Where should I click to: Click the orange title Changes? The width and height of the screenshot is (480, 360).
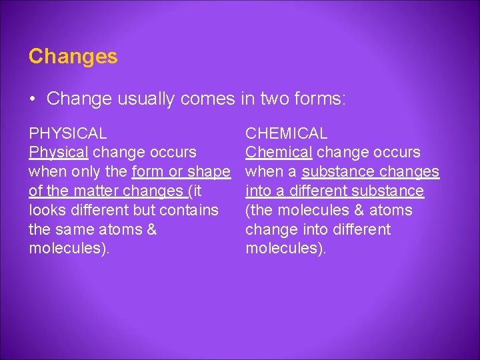tap(73, 57)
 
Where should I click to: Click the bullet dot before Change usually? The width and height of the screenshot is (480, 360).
tap(33, 99)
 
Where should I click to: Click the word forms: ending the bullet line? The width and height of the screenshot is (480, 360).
tap(323, 99)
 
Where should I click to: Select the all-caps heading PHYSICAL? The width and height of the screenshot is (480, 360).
tap(67, 133)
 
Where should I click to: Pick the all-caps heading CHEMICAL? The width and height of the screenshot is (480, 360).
tap(286, 133)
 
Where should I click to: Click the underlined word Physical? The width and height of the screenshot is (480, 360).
tap(58, 153)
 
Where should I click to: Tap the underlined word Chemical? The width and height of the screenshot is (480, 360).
tap(278, 153)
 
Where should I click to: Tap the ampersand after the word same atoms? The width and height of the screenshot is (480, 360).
tap(151, 230)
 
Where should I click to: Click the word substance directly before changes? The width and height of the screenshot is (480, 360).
tap(339, 172)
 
